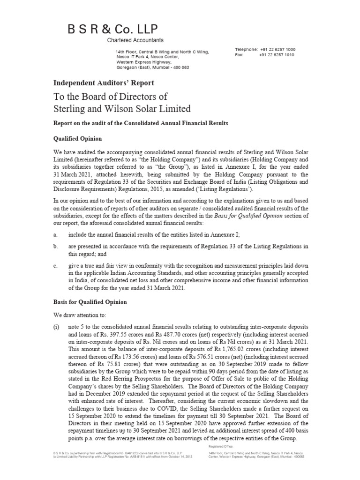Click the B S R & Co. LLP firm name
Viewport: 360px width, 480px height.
point(105,28)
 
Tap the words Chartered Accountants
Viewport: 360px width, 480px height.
point(134,41)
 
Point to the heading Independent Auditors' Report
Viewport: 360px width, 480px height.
point(104,83)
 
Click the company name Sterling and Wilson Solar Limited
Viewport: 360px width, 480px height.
point(122,109)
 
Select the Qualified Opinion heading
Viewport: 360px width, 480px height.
point(78,139)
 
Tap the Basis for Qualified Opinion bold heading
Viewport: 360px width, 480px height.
point(90,301)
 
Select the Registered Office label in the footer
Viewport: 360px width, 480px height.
point(223,447)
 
